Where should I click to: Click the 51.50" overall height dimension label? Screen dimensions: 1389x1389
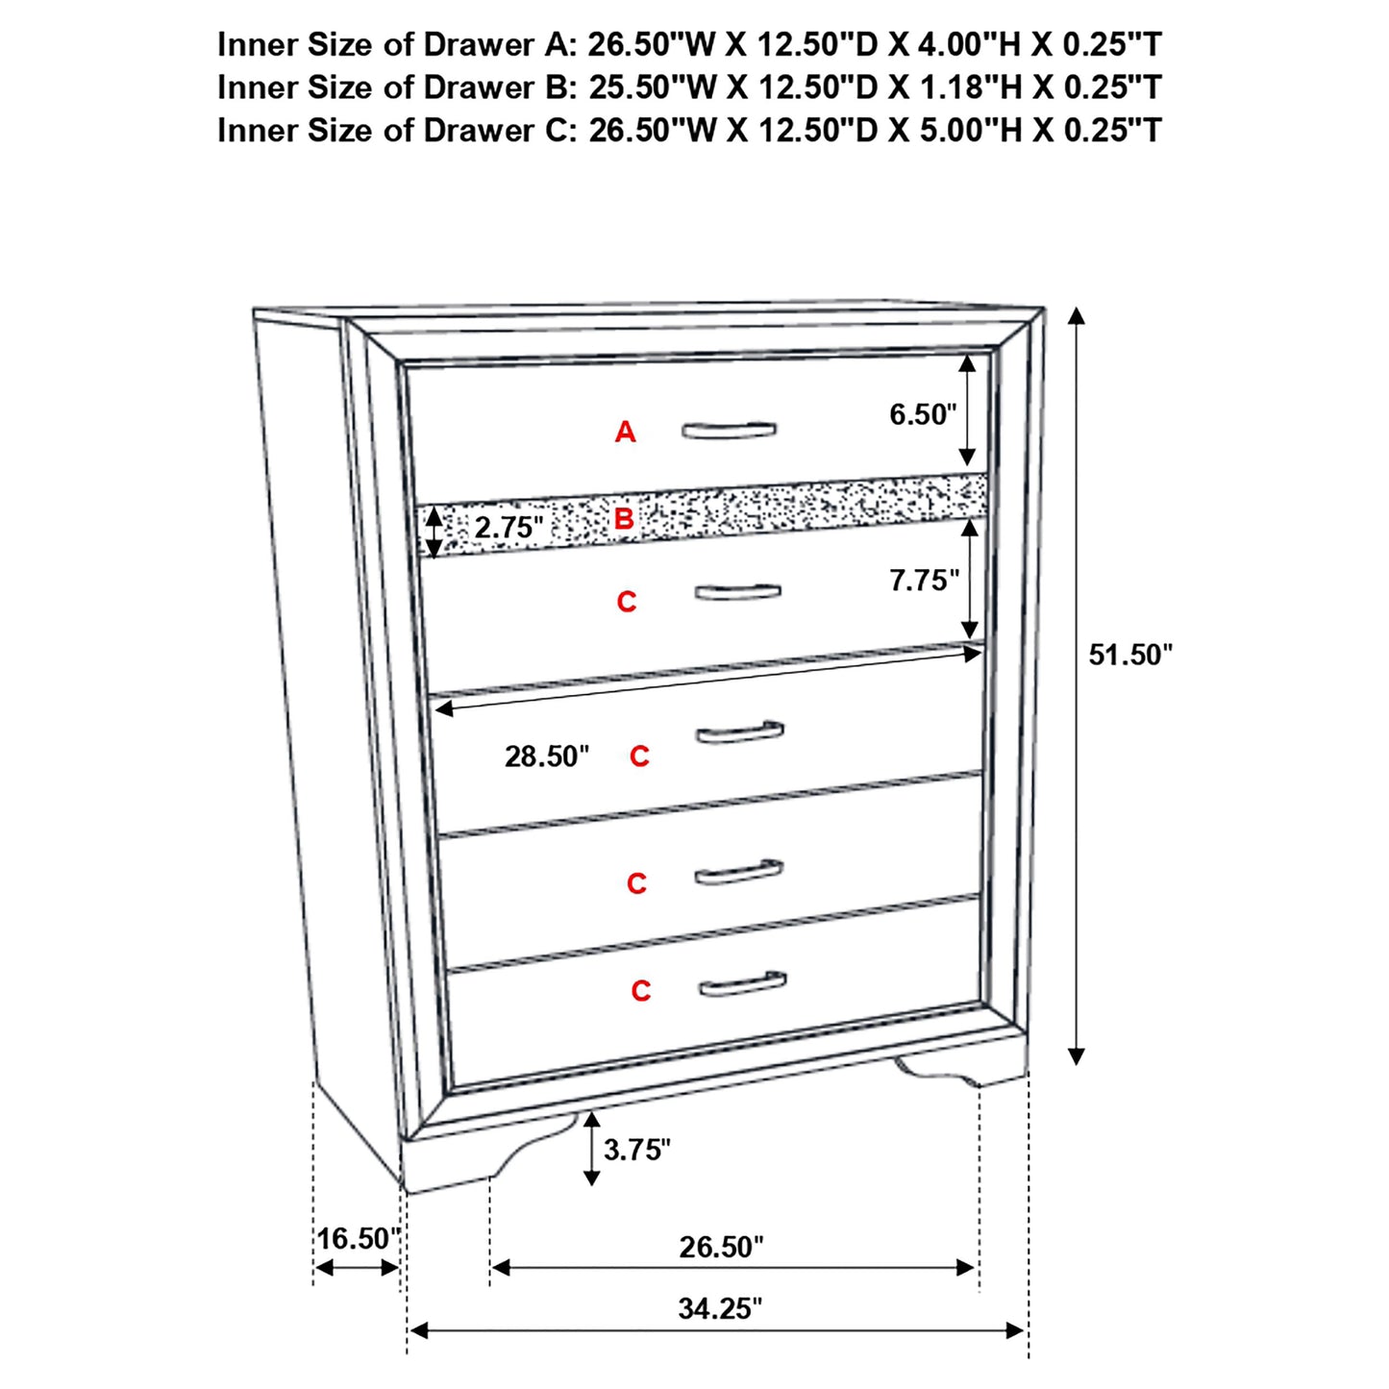point(1130,655)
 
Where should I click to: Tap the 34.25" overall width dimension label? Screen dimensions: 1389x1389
point(720,1308)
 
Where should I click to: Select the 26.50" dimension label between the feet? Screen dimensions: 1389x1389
point(721,1247)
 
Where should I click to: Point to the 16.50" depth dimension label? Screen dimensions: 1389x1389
point(358,1238)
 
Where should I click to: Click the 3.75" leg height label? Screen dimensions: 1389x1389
point(636,1149)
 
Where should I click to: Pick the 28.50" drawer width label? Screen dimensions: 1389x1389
point(546,757)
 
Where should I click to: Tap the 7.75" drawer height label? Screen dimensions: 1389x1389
point(924,581)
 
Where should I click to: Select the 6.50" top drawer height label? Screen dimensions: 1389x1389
point(923,414)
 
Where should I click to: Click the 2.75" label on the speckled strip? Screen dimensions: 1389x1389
point(508,528)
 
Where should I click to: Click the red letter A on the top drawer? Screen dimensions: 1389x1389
point(625,433)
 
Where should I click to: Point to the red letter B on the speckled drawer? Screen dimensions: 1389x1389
point(624,519)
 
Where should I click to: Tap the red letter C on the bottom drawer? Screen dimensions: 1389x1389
point(641,991)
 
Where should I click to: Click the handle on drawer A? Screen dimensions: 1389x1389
point(729,430)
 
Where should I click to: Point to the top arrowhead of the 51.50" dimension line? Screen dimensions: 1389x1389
point(1077,317)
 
